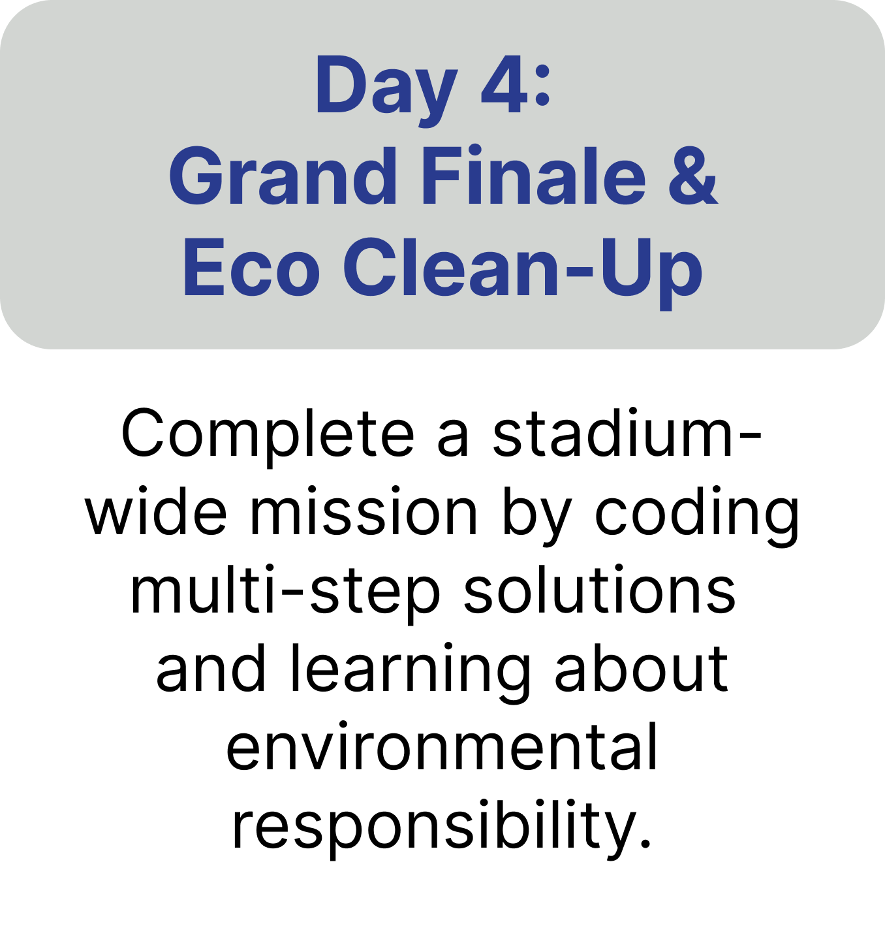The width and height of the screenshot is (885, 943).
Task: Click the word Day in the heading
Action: (387, 89)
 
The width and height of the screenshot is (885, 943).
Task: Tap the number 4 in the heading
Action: (505, 84)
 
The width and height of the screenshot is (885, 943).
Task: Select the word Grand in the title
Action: (283, 176)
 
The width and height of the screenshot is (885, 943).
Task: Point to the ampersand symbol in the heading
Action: (693, 176)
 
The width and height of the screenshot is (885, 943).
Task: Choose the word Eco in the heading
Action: (251, 267)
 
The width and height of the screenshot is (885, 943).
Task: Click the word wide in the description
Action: (155, 511)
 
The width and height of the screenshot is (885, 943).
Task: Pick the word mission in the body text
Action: (364, 511)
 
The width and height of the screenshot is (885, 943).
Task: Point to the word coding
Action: (697, 516)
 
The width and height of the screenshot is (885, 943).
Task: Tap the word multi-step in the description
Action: (285, 594)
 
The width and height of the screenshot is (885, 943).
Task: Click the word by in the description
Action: (536, 516)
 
